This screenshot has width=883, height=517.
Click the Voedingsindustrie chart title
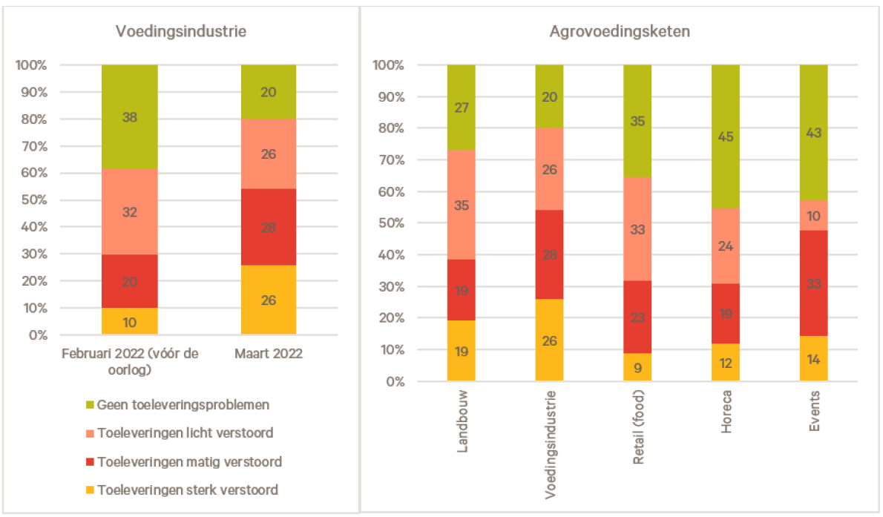tap(181, 32)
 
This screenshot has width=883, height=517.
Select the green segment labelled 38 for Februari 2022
tap(130, 116)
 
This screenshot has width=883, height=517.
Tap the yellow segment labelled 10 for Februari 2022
tap(130, 321)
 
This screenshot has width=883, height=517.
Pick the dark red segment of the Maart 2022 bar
tap(269, 227)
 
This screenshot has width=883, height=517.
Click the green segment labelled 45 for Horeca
tap(726, 136)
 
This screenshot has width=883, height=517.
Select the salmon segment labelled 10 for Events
tap(813, 215)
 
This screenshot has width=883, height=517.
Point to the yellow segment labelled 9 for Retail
tap(637, 367)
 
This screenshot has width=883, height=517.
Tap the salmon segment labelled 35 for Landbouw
tap(461, 205)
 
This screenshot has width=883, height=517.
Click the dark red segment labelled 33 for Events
tap(813, 283)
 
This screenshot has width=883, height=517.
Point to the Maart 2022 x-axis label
tap(269, 355)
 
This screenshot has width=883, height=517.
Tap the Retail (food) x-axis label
tap(638, 426)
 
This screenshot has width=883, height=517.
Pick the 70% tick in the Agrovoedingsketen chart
tap(390, 160)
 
